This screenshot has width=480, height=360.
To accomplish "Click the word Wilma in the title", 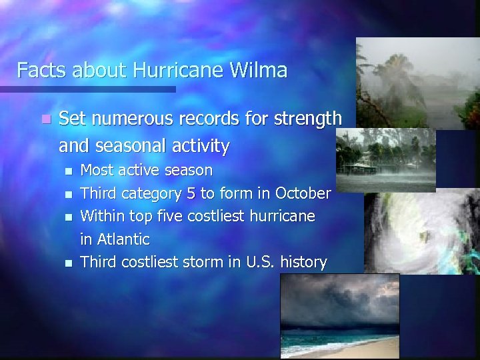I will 262,70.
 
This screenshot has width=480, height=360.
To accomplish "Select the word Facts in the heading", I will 37,70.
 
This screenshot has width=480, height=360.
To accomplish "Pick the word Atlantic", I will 122,239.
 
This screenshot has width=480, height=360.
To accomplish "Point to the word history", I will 303,262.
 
